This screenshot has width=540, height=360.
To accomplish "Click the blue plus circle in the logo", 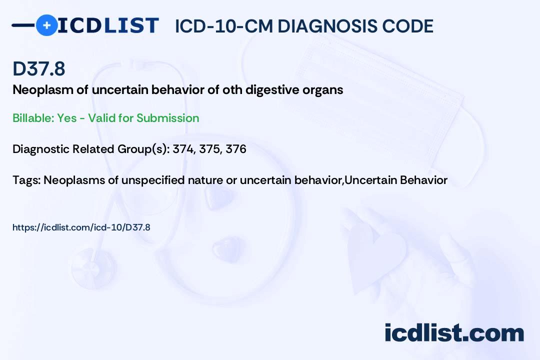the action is point(47,25).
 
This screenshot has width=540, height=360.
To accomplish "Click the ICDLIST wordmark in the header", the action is point(108,25).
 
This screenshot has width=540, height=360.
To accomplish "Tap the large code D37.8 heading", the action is point(39,68).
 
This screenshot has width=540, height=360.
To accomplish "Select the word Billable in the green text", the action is point(33,118).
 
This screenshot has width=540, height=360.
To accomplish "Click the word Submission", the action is point(167,118).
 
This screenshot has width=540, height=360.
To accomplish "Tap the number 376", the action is point(236,149).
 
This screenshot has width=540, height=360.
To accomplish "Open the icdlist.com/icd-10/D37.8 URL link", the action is point(81,227).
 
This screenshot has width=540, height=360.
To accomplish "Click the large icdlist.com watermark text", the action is point(454,332).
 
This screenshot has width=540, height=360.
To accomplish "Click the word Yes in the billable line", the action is point(67,118).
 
